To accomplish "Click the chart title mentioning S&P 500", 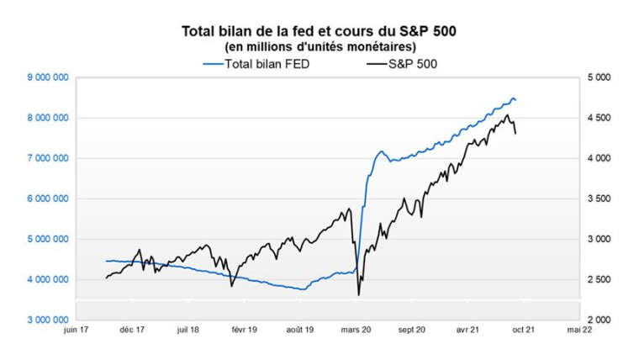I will (x=319, y=31).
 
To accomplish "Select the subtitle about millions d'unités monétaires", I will (x=319, y=46).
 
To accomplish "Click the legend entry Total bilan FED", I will (x=256, y=64).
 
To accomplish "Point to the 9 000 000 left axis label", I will (x=48, y=77).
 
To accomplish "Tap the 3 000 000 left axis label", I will (x=48, y=320).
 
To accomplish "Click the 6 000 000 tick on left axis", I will (x=48, y=199).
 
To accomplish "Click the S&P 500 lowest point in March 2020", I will (x=359, y=294).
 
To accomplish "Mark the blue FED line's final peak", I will (x=514, y=98).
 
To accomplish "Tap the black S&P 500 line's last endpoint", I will (x=515, y=133).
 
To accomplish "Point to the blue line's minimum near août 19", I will (x=302, y=289).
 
